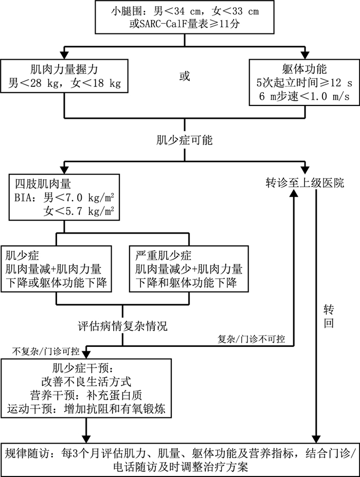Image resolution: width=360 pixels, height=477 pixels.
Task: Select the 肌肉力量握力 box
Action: (63, 76)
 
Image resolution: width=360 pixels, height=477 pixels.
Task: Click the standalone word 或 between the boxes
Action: (184, 76)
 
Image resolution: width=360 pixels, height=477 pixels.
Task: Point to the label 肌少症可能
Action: (184, 139)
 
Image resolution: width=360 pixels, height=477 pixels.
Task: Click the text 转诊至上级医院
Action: (305, 182)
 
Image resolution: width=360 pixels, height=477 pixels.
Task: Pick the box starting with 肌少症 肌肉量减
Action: (57, 269)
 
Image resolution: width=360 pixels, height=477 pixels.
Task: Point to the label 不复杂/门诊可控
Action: (46, 352)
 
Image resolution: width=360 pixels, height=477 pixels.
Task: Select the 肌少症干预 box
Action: (85, 389)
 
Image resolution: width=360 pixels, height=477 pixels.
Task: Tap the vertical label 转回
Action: (329, 317)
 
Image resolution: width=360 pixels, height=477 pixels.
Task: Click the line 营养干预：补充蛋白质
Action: (86, 396)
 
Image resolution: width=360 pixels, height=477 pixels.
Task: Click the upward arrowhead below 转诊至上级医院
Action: (294, 192)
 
